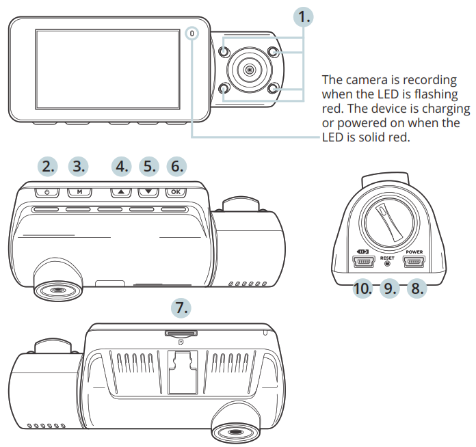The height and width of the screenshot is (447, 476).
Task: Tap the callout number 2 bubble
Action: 47,166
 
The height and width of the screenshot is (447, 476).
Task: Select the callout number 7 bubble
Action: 180,308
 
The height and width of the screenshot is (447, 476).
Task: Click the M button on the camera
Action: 79,192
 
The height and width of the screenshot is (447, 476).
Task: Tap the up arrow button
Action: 121,192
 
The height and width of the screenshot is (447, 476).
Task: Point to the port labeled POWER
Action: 414,261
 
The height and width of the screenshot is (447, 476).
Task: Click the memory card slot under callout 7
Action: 179,333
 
